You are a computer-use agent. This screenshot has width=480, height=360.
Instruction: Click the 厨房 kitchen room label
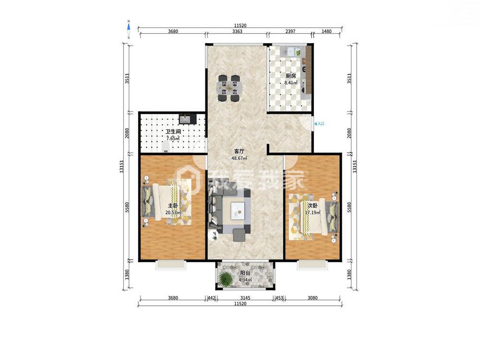(290, 76)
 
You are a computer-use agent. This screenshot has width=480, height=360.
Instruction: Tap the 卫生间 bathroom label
(173, 132)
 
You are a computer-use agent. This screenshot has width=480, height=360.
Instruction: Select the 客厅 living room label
(239, 152)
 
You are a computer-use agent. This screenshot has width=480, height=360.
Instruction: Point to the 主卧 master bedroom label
(173, 206)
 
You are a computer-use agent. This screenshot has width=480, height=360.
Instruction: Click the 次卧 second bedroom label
(312, 205)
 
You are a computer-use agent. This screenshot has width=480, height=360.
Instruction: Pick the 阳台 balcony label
(245, 273)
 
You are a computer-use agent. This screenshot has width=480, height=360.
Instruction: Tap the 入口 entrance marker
(319, 124)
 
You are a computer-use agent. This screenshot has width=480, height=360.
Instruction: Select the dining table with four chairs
(229, 88)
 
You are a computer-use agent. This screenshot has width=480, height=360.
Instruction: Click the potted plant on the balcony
(226, 278)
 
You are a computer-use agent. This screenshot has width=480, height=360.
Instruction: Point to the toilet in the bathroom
(166, 146)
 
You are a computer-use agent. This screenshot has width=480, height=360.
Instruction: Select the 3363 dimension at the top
(237, 31)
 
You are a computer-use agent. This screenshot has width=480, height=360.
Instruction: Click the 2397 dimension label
(290, 31)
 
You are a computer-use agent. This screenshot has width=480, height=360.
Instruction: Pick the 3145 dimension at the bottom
(245, 298)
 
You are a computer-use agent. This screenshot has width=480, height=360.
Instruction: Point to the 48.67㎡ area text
(239, 158)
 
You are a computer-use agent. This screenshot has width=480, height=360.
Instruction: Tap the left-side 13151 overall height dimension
(121, 167)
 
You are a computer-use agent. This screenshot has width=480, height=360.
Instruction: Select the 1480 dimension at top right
(326, 31)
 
